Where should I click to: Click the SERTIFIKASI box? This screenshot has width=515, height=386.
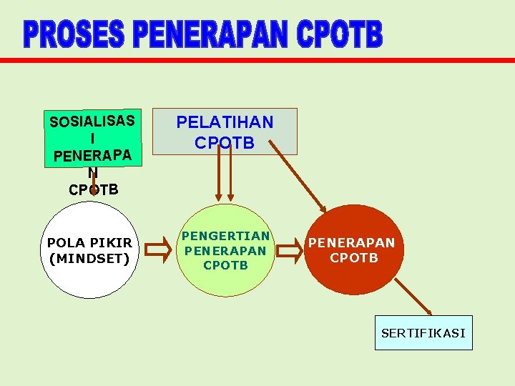(x=423, y=333)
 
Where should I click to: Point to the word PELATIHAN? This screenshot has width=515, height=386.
(x=225, y=122)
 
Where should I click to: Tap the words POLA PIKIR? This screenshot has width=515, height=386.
(x=89, y=243)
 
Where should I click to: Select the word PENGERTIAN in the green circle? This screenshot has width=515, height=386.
(x=225, y=236)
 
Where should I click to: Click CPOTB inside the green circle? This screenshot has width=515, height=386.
(x=225, y=266)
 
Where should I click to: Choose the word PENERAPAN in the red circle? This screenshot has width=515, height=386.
(x=351, y=243)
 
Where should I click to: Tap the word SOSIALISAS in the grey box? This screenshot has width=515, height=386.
(x=92, y=121)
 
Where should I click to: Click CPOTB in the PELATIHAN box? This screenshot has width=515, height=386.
(x=225, y=143)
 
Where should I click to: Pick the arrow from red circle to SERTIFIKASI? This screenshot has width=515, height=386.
(x=413, y=296)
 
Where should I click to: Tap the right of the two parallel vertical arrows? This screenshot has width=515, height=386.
(x=230, y=175)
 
